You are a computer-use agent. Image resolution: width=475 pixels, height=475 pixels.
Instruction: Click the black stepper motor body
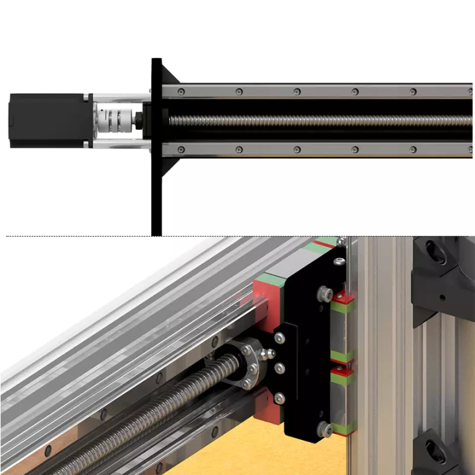(46, 121)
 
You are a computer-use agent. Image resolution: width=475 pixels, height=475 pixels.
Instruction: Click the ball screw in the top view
(317, 121)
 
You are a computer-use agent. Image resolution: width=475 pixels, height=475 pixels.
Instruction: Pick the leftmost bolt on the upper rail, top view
(181, 91)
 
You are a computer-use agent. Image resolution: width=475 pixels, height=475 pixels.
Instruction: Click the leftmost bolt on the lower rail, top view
(181, 150)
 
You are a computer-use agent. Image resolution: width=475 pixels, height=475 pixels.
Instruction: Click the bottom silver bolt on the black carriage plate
(325, 429)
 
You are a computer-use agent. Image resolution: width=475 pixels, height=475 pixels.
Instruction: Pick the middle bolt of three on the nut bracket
(280, 368)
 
